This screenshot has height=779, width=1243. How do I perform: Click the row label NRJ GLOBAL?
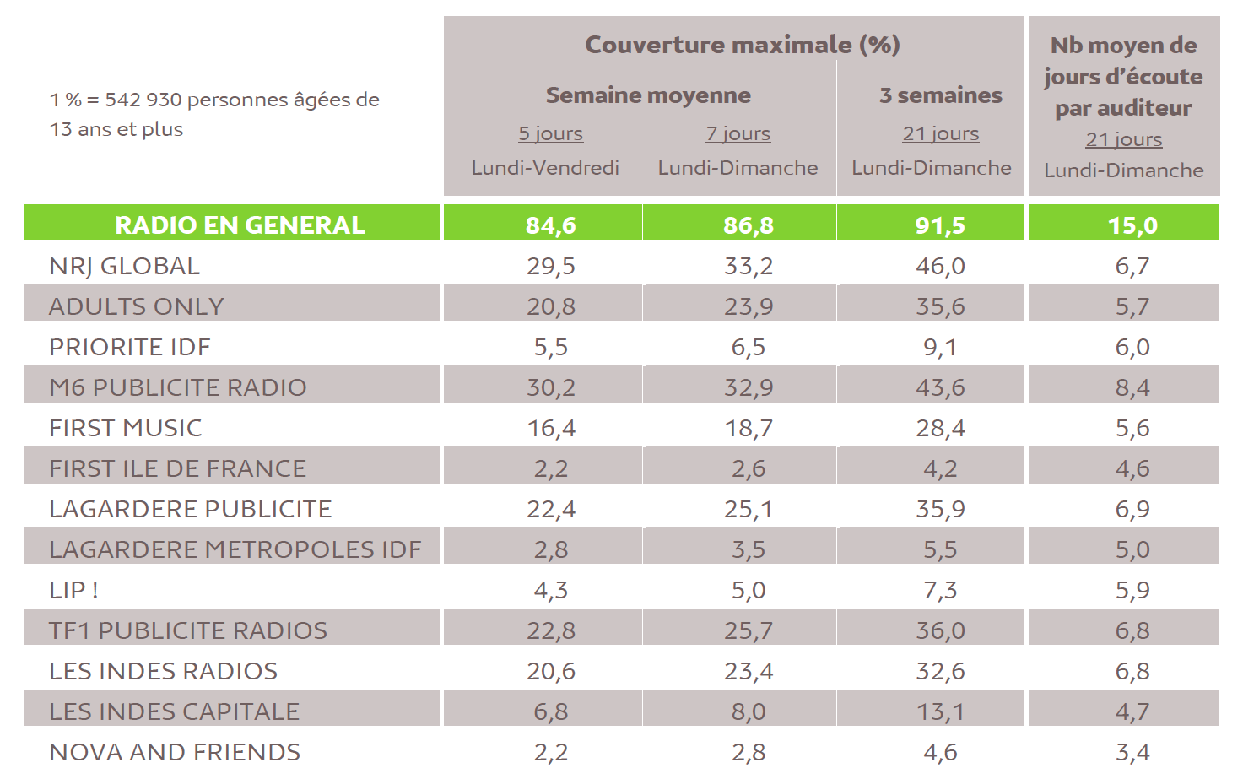124,266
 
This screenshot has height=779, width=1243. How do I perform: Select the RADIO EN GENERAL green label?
240,225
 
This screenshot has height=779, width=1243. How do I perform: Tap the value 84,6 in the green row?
550,225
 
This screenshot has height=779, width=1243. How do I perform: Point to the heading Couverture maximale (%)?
743,45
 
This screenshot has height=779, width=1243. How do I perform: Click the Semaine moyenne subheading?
648,95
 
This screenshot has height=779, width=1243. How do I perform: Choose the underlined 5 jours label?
550,134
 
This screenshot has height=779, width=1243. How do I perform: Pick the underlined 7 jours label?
738,134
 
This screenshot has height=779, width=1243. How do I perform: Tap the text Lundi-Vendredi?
545,168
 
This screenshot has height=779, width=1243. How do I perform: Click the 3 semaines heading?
940,95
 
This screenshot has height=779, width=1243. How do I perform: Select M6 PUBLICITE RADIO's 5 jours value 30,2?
550,387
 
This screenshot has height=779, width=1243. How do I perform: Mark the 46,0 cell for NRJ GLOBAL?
940,266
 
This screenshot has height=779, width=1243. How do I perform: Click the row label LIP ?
73,590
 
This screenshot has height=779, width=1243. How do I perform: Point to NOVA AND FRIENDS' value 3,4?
1132,752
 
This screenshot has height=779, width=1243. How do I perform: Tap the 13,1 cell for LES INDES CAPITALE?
940,711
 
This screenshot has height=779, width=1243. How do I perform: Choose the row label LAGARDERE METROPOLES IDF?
235,549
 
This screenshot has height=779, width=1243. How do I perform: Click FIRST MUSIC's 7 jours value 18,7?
749,428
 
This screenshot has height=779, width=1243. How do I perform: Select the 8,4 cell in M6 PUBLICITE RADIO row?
1132,387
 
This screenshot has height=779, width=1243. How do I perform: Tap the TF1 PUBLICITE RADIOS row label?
187,630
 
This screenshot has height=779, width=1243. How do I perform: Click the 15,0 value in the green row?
1132,225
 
